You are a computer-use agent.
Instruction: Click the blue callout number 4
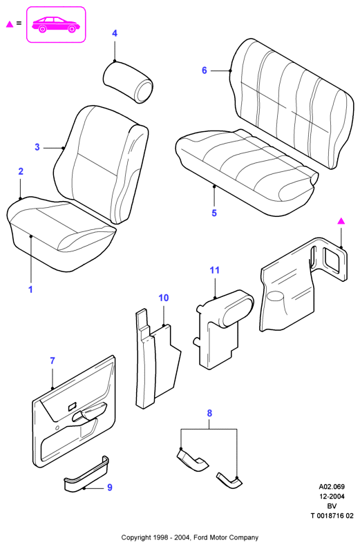point(115,33)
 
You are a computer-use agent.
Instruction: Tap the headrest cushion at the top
point(128,82)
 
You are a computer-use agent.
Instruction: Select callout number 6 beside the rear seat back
point(204,70)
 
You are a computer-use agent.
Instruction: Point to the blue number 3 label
point(37,147)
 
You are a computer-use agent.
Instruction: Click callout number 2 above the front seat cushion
point(21,171)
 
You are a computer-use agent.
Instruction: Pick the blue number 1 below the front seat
point(30,289)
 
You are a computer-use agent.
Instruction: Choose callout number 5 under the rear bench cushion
point(214,213)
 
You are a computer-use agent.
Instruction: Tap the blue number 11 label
point(214,270)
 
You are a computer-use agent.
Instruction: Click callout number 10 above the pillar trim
point(163,298)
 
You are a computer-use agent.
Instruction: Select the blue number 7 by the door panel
point(53,361)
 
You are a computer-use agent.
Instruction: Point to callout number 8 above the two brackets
point(209,414)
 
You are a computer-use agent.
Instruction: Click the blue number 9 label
point(110,488)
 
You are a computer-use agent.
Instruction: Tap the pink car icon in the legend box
point(56,25)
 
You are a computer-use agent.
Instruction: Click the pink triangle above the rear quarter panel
point(341,221)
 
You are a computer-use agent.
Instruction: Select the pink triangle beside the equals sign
point(10,24)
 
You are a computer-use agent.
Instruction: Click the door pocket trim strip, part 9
point(86,475)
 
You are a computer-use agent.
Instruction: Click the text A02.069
point(332,487)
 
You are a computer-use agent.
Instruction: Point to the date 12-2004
point(332,497)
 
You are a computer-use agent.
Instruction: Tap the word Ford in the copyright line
point(201,537)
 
